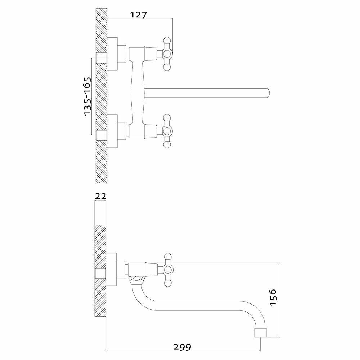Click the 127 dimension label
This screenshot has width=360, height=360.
(138, 15)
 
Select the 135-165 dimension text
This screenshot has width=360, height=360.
(87, 96)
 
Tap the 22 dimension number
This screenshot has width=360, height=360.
(100, 196)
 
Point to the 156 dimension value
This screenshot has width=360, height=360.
(273, 298)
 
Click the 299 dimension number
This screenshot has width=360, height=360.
(182, 347)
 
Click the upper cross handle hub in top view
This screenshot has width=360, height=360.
(167, 54)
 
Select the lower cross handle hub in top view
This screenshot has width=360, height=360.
(167, 131)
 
